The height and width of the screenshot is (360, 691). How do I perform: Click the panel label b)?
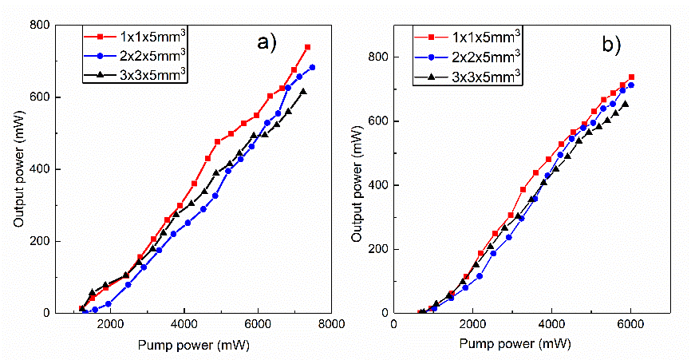pyautogui.click(x=612, y=45)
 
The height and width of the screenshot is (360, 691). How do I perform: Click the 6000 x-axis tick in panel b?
pyautogui.click(x=630, y=323)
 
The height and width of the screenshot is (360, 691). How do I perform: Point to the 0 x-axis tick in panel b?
pyautogui.click(x=394, y=323)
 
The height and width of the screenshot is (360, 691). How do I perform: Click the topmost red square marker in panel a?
pyautogui.click(x=307, y=47)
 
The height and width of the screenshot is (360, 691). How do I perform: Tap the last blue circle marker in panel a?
pyautogui.click(x=312, y=67)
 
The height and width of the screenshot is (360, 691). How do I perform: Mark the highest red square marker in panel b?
pyautogui.click(x=631, y=77)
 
